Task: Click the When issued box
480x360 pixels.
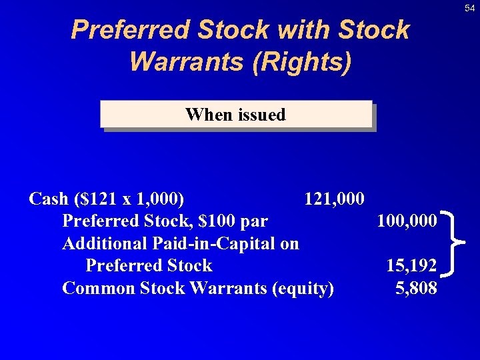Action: point(236,115)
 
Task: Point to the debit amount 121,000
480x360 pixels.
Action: point(334,199)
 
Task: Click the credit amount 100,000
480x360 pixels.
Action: point(407,221)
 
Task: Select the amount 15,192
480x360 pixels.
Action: point(411,266)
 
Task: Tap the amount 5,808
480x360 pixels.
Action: point(416,288)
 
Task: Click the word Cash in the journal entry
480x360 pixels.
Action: point(49,199)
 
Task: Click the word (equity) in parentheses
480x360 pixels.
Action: point(303,288)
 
